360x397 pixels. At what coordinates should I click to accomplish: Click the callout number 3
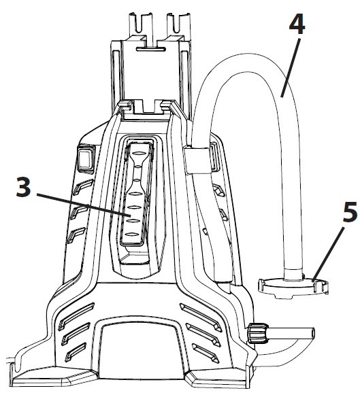coord(24,187)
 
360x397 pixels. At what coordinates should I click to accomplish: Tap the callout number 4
coord(297,25)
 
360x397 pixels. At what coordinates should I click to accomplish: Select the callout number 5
coord(350,213)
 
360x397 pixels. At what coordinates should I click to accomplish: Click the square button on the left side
coord(86,159)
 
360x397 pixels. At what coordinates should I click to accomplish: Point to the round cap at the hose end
coord(293,288)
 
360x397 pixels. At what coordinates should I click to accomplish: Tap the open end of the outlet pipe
coord(313,332)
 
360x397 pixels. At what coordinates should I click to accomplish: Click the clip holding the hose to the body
coord(197,160)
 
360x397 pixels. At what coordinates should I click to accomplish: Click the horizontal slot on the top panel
coord(151,49)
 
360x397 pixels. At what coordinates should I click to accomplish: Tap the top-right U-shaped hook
coord(179,23)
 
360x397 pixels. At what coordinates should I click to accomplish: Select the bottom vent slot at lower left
coord(79,352)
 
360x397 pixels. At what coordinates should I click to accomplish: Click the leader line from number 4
coord(291,67)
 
